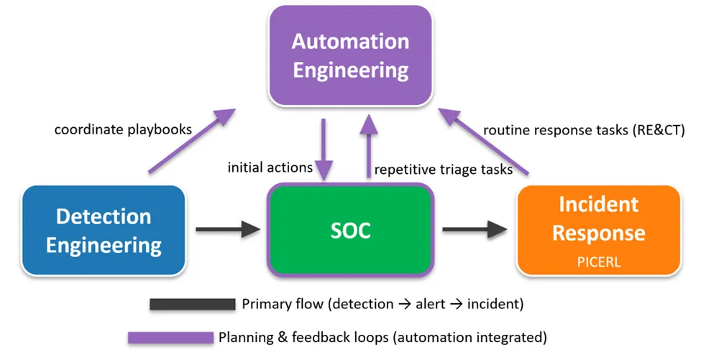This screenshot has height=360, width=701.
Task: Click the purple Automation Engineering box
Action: [350, 55]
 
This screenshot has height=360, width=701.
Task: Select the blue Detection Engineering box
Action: [104, 231]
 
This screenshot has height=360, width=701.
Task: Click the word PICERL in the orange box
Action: [599, 262]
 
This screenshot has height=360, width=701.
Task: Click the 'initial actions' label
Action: [270, 167]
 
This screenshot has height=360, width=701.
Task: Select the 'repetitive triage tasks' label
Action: [443, 170]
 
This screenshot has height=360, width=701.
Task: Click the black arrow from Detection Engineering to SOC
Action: [227, 230]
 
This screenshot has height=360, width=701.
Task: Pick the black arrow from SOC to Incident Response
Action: [475, 230]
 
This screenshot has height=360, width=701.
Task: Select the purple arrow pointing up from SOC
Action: [369, 147]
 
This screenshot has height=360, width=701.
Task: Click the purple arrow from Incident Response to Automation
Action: [485, 141]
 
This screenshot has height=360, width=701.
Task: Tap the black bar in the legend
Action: [192, 304]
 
